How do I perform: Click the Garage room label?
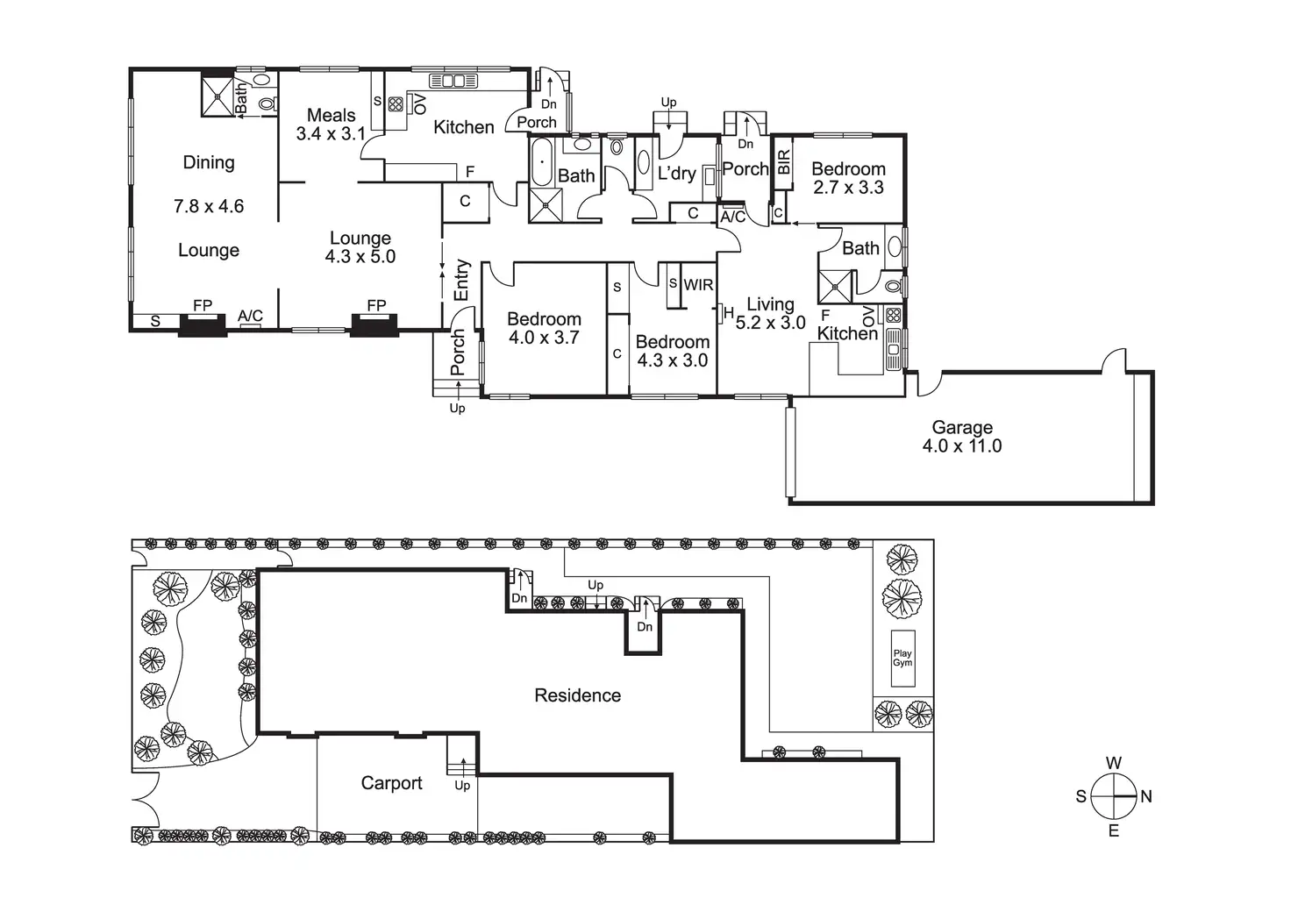point(962,428)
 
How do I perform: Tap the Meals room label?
point(332,116)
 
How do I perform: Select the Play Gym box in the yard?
point(902,658)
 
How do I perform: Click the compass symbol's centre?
point(1114,796)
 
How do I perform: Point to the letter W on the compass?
point(1114,764)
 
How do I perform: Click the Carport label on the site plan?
point(392,783)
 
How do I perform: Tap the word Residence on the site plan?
point(578,695)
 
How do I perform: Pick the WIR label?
point(698,285)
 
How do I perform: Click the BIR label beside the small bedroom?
point(784,161)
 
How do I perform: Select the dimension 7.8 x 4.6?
point(209,207)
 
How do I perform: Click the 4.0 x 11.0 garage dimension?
point(962,446)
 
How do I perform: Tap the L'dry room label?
point(676,173)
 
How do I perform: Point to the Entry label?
point(462,281)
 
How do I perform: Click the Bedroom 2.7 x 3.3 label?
point(848,178)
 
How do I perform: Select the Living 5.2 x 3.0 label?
point(770,313)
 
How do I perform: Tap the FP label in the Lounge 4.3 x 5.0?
point(376,306)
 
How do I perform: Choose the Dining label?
point(209,162)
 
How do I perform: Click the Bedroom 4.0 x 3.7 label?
point(544,328)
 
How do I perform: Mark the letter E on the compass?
point(1114,830)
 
